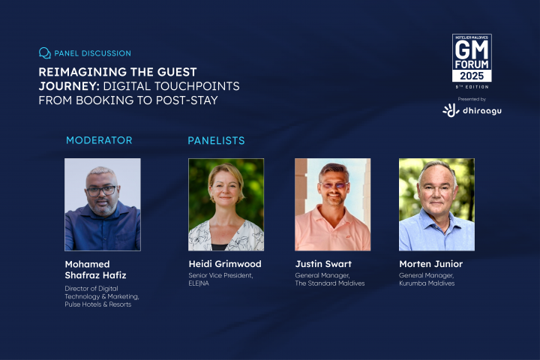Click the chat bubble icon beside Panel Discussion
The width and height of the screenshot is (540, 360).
click(x=45, y=53)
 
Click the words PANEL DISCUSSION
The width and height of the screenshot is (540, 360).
click(x=93, y=53)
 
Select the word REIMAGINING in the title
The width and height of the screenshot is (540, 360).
click(x=79, y=72)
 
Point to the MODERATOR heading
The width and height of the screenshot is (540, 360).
click(x=99, y=140)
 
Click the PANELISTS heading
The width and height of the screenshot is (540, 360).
click(x=216, y=140)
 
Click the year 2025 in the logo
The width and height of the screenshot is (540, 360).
click(x=472, y=76)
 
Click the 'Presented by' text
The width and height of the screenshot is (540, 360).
click(x=472, y=99)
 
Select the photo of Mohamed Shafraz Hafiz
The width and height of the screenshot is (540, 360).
click(x=102, y=204)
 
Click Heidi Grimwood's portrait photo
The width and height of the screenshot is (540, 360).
click(x=226, y=204)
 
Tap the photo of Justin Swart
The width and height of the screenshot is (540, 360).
click(x=332, y=204)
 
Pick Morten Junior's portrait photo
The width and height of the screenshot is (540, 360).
click(x=436, y=204)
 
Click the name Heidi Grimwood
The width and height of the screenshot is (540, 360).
click(x=226, y=264)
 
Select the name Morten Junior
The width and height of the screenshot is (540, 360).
click(x=431, y=264)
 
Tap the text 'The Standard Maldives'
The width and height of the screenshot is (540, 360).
click(x=330, y=283)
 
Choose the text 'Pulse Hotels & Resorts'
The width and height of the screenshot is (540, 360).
click(x=98, y=304)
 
